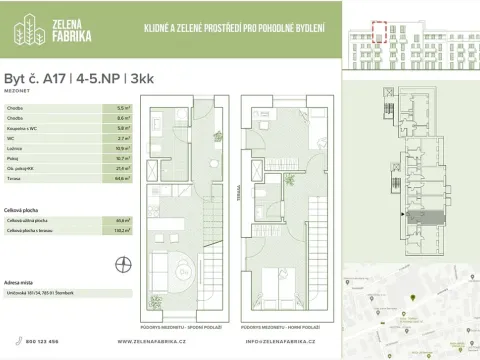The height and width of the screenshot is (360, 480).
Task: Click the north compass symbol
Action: [x=123, y=264]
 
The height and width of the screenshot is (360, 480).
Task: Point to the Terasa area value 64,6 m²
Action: [x=122, y=177]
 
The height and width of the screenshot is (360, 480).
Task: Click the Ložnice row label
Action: [x=16, y=147]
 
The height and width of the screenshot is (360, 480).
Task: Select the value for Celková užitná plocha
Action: [x=122, y=219]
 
